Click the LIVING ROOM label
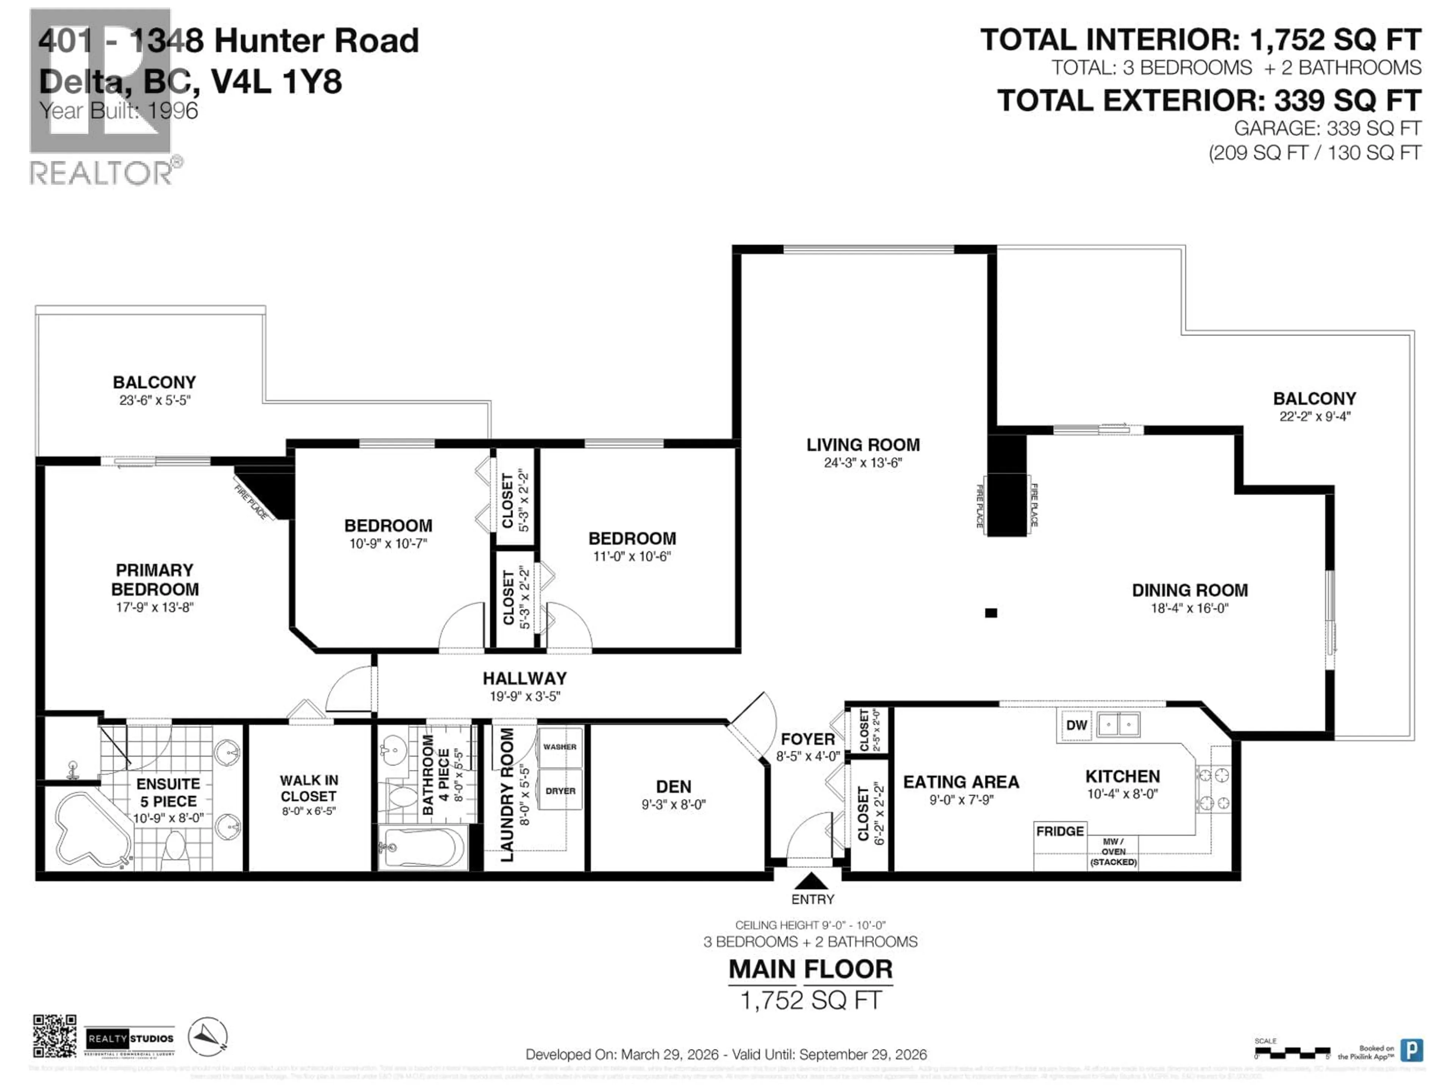point(863,445)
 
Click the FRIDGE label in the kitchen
point(1059,831)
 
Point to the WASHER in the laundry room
point(559,747)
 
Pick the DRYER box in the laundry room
point(560,791)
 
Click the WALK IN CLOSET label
point(309,788)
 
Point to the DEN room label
point(673,786)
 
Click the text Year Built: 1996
point(118,111)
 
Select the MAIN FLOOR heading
point(810,969)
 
